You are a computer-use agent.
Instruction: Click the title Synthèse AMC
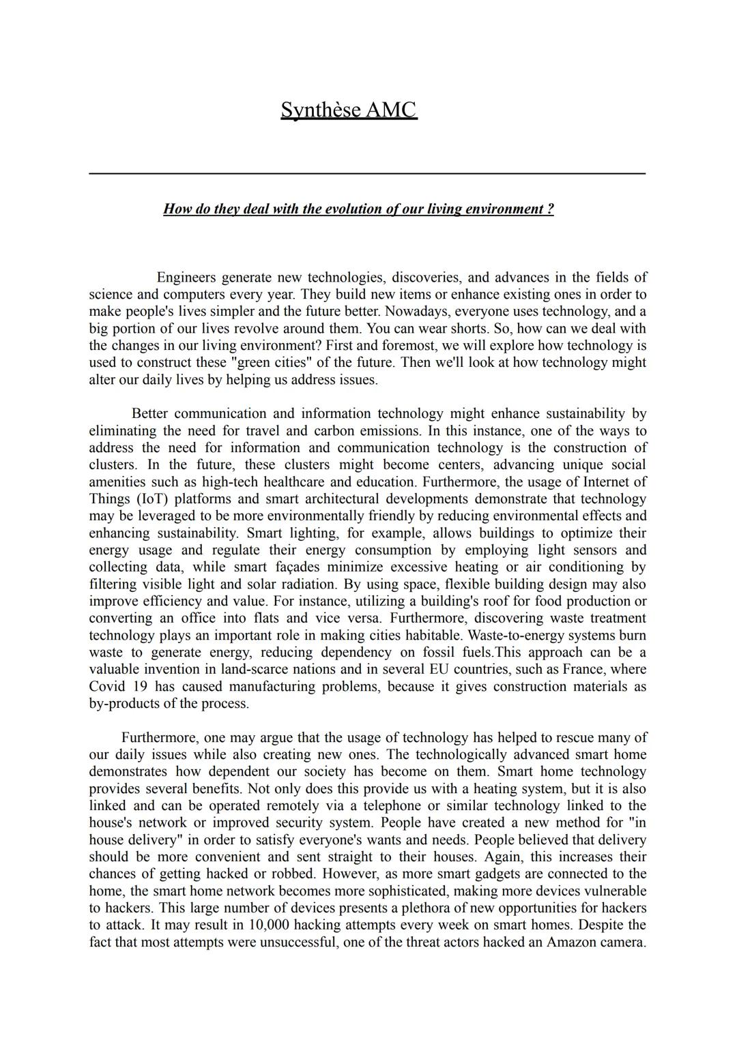point(348,110)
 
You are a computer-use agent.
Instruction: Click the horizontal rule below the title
point(367,174)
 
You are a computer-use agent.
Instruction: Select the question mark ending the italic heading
point(550,209)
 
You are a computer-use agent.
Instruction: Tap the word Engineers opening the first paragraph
point(186,278)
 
